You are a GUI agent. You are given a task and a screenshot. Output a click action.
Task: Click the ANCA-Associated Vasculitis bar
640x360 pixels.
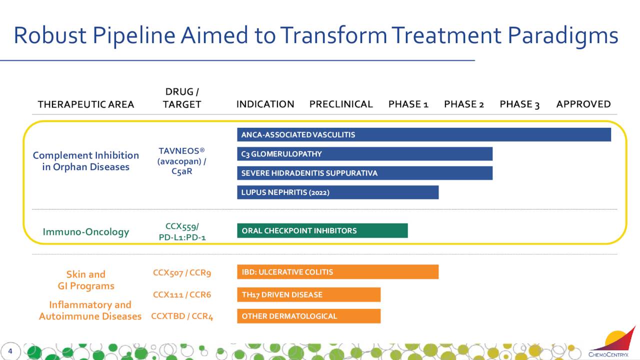[424, 134]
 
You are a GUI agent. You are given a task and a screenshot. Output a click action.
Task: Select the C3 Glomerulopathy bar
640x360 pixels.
[365, 153]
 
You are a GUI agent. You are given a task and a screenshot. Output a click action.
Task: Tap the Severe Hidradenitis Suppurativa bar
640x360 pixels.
[365, 173]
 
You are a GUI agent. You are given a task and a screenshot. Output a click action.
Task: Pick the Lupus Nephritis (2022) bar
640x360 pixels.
[337, 192]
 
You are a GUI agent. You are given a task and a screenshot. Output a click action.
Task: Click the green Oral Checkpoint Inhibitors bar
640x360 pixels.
[322, 230]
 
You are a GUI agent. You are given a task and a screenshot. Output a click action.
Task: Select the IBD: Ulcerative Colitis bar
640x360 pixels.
[337, 271]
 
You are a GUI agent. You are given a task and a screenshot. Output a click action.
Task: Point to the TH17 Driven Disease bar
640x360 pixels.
[309, 294]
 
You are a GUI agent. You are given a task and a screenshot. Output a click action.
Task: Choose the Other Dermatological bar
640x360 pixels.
[309, 316]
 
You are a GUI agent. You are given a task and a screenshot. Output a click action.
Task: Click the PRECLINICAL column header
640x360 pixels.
[341, 104]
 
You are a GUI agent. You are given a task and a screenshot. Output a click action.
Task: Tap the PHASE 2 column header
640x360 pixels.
[464, 104]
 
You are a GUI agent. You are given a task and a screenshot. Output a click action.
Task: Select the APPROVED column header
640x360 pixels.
[583, 104]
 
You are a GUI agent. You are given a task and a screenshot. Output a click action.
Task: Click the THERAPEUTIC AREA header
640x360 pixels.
[86, 104]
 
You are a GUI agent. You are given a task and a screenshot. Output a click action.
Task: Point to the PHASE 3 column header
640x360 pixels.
[519, 104]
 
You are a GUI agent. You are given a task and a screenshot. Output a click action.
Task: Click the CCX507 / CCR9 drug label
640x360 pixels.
[182, 272]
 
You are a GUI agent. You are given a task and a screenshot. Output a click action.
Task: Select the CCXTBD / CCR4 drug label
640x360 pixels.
[182, 316]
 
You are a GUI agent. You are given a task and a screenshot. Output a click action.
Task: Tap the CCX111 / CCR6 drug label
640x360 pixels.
[182, 294]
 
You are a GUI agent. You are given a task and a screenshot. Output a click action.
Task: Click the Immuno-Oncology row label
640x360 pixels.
[85, 231]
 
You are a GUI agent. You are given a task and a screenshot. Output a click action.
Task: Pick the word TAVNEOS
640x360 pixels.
[179, 151]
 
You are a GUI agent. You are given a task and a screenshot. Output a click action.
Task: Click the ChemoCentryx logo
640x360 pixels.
[611, 342]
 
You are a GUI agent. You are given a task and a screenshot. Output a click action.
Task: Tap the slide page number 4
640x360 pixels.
[10, 351]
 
